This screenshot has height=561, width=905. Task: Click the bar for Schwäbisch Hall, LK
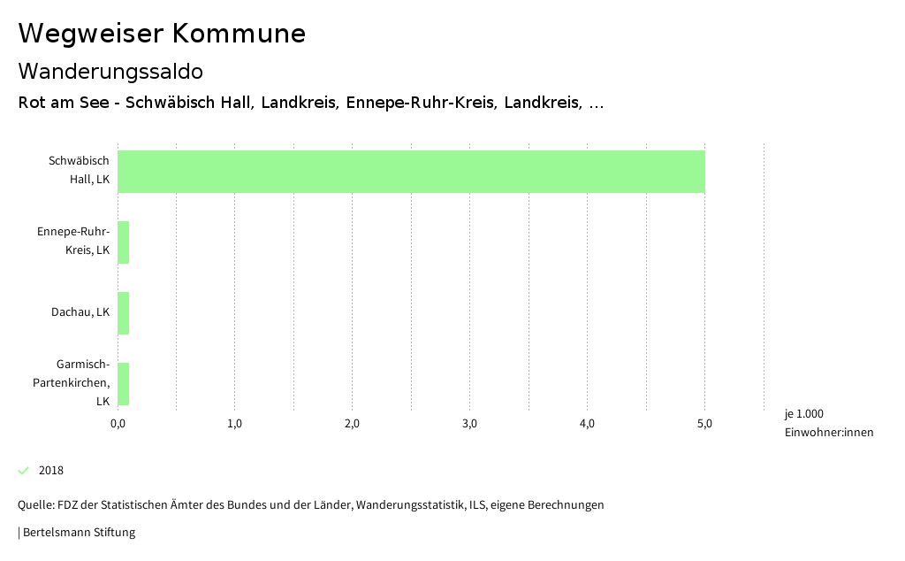411,172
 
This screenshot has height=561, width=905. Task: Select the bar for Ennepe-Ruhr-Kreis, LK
124,242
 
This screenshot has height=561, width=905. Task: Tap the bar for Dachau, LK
124,313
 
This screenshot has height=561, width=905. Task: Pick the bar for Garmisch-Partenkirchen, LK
124,384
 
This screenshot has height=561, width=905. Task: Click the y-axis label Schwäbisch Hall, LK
80,170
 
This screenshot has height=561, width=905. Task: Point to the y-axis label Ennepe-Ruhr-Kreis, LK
73,241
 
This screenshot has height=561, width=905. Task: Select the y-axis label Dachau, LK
80,312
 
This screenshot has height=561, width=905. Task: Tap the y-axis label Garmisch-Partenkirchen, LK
72,382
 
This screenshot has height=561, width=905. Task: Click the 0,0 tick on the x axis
118,424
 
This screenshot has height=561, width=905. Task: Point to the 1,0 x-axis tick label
235,424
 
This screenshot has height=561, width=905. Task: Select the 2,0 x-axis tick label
353,424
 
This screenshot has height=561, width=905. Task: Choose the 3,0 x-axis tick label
469,424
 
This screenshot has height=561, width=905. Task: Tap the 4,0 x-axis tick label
587,424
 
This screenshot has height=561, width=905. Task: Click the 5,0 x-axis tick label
704,424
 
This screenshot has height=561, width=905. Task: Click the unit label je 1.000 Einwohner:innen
828,423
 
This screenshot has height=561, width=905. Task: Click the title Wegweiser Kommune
162,34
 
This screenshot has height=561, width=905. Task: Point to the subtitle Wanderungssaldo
110,71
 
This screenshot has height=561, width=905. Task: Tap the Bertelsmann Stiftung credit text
78,533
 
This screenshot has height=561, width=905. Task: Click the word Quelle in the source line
35,505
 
